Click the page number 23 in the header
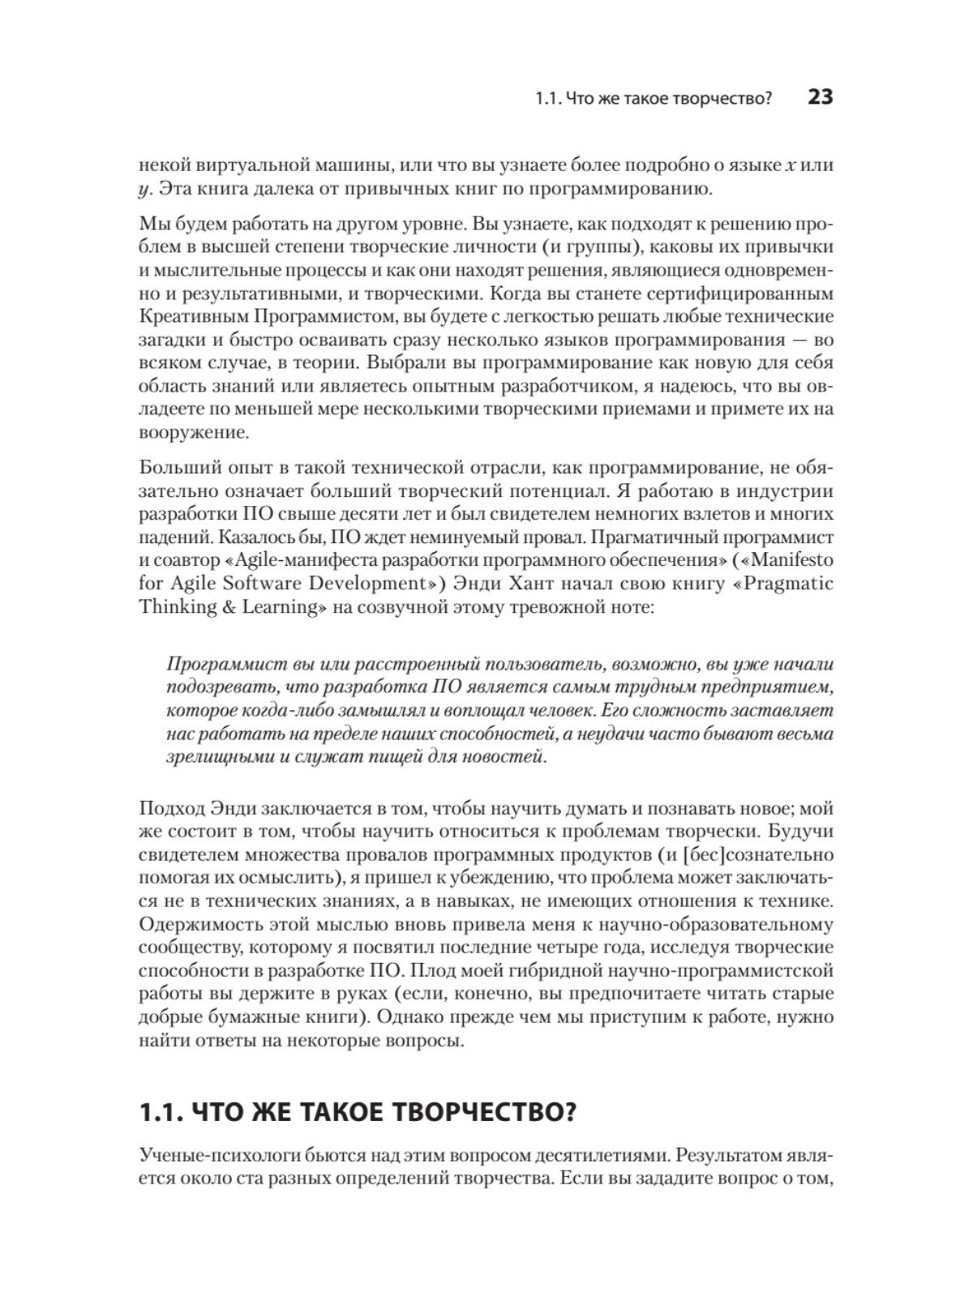click(x=820, y=98)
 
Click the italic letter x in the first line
click(x=791, y=166)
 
